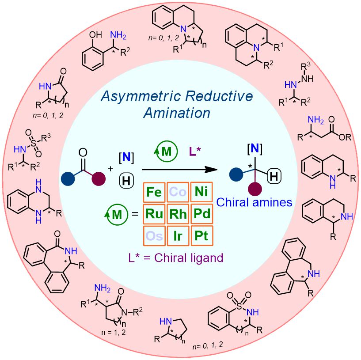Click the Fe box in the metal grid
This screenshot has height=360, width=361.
[x=154, y=192]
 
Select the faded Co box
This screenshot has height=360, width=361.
[x=178, y=192]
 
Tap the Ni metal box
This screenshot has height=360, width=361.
[x=201, y=192]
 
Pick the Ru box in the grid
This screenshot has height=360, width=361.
[x=154, y=214]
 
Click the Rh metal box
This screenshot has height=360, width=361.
[x=178, y=214]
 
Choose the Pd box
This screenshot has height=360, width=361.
[x=201, y=214]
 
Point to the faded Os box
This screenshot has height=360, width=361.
[x=154, y=236]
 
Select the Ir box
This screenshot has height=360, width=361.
[x=178, y=236]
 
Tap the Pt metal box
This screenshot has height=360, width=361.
[x=201, y=236]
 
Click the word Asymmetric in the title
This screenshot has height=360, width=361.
[x=141, y=97]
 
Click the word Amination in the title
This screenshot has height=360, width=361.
[x=177, y=113]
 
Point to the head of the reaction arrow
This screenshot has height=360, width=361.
[x=217, y=170]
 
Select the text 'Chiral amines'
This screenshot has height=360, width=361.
[x=254, y=202]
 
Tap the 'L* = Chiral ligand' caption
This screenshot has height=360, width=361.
[x=176, y=258]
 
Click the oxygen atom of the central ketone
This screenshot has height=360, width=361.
[x=83, y=152]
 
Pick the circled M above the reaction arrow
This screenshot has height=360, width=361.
[x=166, y=152]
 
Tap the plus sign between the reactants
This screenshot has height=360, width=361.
[x=110, y=169]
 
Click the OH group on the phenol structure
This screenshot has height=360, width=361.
[x=95, y=34]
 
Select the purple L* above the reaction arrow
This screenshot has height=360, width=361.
[x=195, y=152]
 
